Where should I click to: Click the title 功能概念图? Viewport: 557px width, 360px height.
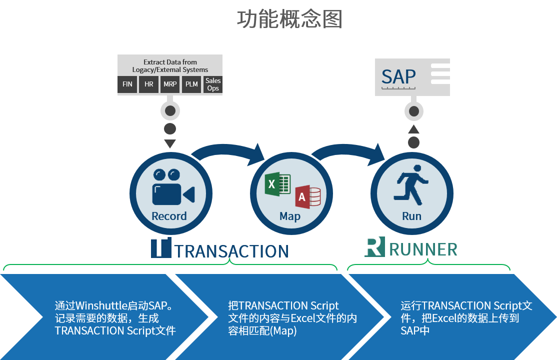click(x=289, y=19)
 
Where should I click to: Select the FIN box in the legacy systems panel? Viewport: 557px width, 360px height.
click(x=127, y=84)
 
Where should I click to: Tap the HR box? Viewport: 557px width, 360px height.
click(x=148, y=84)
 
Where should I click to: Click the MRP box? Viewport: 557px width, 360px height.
click(x=170, y=84)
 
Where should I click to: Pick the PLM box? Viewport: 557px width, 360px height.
click(x=191, y=84)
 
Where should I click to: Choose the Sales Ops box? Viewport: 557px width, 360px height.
click(x=213, y=84)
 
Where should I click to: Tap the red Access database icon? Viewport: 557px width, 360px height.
click(x=307, y=197)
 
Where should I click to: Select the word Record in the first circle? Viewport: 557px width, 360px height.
click(x=169, y=216)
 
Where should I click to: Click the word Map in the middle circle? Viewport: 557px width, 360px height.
click(x=290, y=216)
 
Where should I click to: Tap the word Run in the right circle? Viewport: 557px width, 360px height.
click(x=411, y=216)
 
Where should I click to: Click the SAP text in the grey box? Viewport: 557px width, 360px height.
click(x=398, y=76)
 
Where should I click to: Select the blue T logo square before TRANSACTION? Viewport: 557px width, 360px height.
click(x=161, y=247)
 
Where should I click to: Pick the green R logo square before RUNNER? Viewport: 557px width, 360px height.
click(x=374, y=247)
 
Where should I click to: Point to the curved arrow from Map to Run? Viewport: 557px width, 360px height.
click(x=350, y=150)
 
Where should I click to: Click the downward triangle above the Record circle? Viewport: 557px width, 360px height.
click(x=170, y=144)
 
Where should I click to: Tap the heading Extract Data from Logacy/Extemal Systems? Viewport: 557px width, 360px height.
click(x=170, y=66)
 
